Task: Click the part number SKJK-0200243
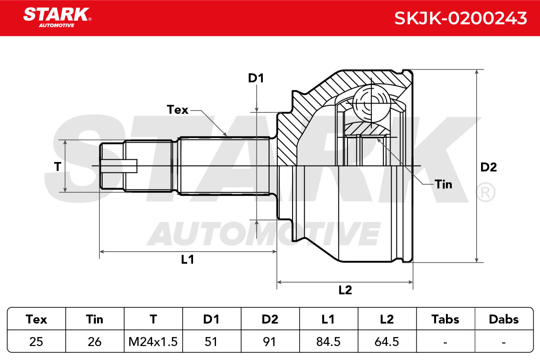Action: click(460, 18)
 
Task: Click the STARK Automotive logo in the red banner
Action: click(57, 18)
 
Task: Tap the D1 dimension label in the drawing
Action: click(256, 78)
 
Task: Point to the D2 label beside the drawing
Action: click(489, 167)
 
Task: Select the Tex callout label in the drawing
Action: click(177, 110)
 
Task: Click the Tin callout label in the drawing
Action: click(443, 184)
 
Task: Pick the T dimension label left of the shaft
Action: click(58, 166)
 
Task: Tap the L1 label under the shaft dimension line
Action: click(188, 260)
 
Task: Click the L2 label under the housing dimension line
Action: click(345, 290)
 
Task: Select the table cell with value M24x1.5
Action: click(153, 342)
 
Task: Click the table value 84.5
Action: click(328, 342)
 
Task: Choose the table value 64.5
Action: click(387, 342)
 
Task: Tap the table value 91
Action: click(269, 342)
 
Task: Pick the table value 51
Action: click(211, 342)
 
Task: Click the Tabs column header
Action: click(445, 319)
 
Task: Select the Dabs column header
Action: click(504, 319)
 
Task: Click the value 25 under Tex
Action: click(36, 342)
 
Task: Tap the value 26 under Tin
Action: click(94, 342)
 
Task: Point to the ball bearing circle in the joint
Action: click(371, 103)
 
